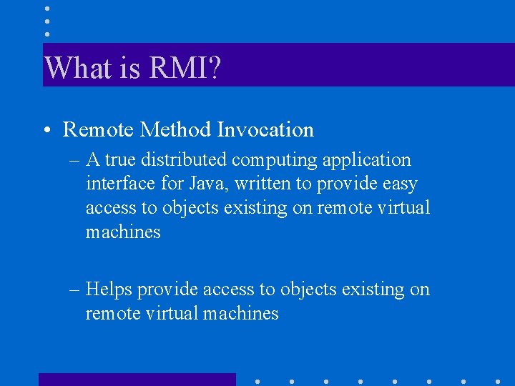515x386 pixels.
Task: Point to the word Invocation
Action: pyautogui.click(x=265, y=129)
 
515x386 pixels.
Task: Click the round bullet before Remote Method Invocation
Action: pyautogui.click(x=45, y=131)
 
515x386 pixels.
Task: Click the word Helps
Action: pyautogui.click(x=109, y=289)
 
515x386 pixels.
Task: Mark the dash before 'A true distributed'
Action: pyautogui.click(x=75, y=161)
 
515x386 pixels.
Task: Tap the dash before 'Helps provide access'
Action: pyautogui.click(x=75, y=290)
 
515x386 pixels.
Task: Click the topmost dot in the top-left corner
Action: pyautogui.click(x=46, y=9)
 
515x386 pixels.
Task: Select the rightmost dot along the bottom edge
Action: pyautogui.click(x=497, y=381)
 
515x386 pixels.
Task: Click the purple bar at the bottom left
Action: pyautogui.click(x=137, y=380)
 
